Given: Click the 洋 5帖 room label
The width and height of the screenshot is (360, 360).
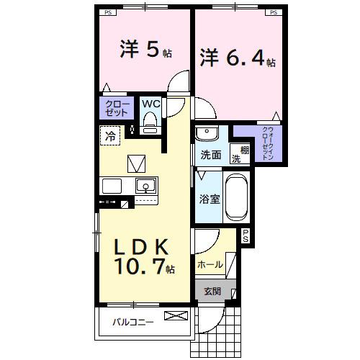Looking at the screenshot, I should point(145,50).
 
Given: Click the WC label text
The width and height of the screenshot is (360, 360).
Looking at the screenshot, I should point(150,104).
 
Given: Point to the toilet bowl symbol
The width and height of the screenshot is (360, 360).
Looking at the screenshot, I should point(150,125).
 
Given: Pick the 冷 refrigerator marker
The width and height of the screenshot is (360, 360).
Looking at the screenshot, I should point(111,135).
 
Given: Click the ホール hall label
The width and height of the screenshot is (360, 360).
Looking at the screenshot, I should point(210,265).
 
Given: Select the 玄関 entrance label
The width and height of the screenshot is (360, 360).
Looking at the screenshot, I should point(212,291).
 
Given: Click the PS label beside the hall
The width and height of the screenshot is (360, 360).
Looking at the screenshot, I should point(245,235).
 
